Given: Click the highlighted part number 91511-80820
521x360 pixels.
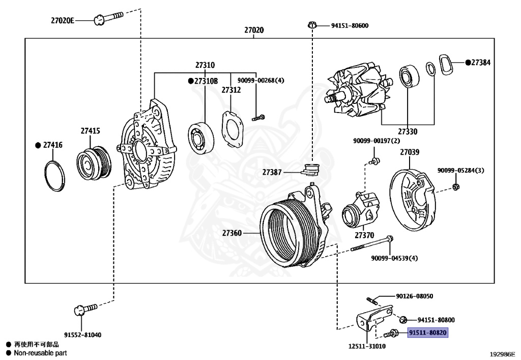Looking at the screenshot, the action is [427, 333].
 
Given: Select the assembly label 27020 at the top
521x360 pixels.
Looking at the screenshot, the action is [254, 30].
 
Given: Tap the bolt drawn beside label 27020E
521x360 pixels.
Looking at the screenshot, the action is [108, 18].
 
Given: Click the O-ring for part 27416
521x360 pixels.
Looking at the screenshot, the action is [54, 177].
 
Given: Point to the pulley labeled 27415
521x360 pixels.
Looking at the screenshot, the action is [94, 163].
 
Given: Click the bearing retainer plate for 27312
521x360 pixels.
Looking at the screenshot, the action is [233, 129].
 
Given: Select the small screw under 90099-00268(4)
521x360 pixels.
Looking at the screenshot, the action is [258, 117].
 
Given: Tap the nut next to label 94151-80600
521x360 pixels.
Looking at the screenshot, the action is [312, 25].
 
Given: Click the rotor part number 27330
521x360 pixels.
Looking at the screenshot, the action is [408, 132].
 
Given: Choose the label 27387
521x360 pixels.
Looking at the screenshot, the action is [272, 172].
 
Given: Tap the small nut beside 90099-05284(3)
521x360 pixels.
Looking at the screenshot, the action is [456, 187].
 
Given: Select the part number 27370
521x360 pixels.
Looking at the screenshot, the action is [364, 235].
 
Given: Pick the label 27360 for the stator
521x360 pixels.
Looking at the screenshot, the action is [232, 233].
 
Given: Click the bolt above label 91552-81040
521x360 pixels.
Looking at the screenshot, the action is [85, 309].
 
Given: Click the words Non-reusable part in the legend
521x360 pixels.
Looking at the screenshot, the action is [40, 353].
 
